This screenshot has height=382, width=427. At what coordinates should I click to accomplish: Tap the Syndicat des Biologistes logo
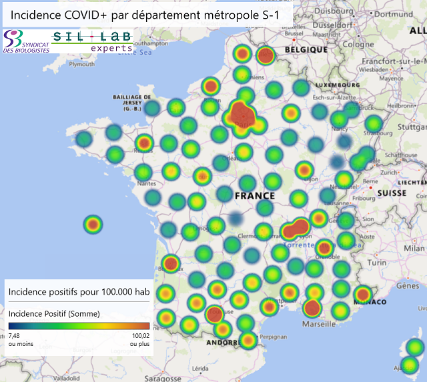click(25, 41)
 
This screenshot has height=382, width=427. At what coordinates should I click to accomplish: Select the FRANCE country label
click(254, 196)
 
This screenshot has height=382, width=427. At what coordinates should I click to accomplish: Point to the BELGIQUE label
click(306, 49)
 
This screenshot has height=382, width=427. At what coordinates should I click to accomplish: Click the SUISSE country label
click(392, 193)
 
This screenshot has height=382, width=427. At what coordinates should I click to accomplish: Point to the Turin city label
click(377, 263)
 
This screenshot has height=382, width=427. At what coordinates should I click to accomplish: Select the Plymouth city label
click(82, 65)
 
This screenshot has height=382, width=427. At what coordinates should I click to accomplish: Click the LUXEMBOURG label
click(332, 85)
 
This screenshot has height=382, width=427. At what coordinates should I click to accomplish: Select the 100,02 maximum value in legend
click(141, 336)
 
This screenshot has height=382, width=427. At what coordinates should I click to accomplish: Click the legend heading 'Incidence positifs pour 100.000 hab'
click(79, 292)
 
